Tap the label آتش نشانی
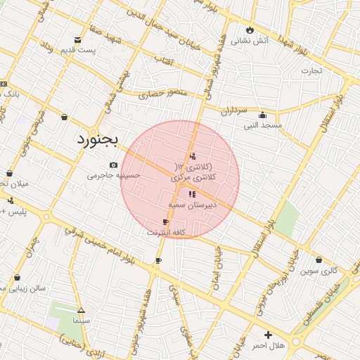coord(251,41)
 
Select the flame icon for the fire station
coord(250,30)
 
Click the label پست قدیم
coord(78,51)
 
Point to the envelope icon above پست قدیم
coord(77,39)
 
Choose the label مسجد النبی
coord(262,126)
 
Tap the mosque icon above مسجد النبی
coord(263,115)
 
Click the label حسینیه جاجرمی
coord(114,175)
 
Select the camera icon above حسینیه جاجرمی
coord(113,165)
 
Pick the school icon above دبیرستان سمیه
coord(192,193)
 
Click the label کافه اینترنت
coord(165,232)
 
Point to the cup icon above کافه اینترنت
coord(165,221)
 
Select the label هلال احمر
coord(267,346)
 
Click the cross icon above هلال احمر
coord(268,335)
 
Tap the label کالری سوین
coord(319,270)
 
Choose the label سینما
coord(81,321)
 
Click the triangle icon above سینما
coord(81,310)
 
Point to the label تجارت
coord(311,70)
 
